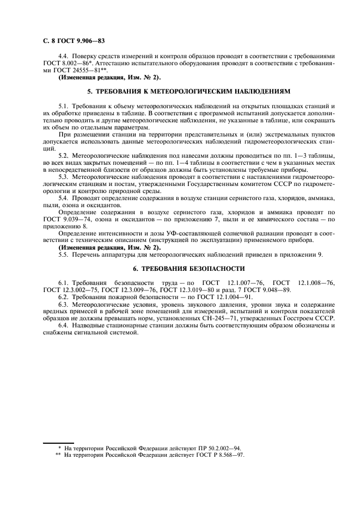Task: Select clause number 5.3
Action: coord(63,176)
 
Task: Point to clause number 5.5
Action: coord(63,254)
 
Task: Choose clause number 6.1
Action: coord(63,283)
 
